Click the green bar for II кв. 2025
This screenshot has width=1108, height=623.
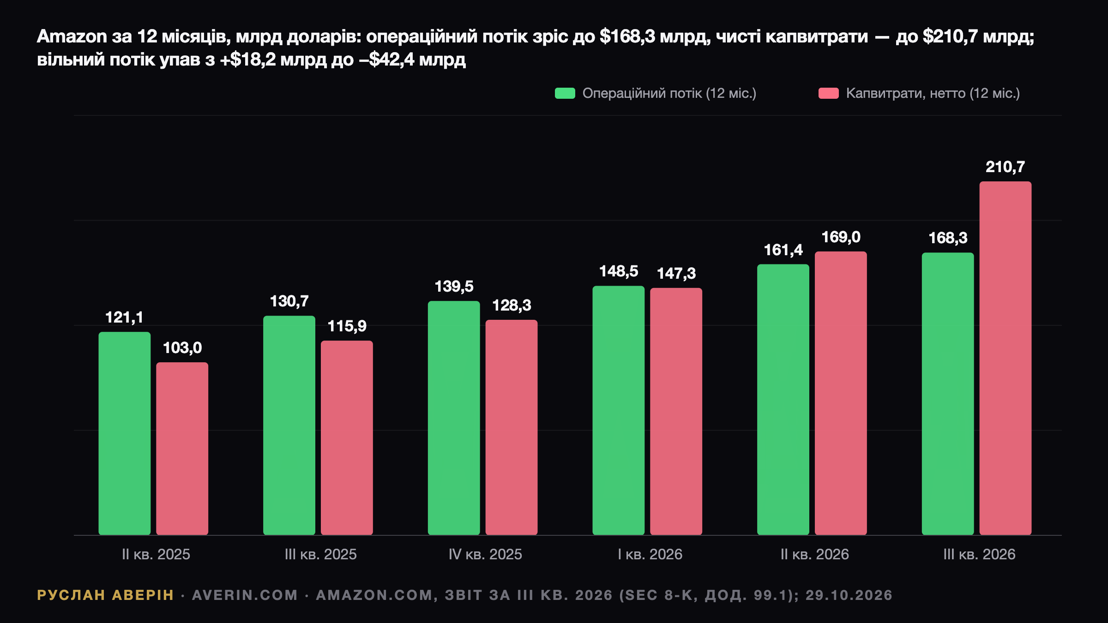tap(125, 433)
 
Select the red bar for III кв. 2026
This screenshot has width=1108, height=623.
tap(1006, 358)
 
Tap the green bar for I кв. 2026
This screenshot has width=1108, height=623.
tap(619, 410)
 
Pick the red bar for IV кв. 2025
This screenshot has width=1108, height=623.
tap(512, 427)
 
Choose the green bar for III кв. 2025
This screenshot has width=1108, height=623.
tap(289, 425)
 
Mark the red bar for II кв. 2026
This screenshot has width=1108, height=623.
tap(841, 393)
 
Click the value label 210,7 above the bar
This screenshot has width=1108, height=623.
tap(1006, 167)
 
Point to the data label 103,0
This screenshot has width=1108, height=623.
tap(182, 348)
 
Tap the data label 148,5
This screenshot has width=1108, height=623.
tap(619, 271)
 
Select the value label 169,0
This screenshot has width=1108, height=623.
tap(841, 237)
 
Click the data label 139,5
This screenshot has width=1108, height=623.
tap(454, 287)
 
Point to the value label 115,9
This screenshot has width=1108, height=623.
tap(347, 326)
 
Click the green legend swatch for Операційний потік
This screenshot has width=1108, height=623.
tap(565, 93)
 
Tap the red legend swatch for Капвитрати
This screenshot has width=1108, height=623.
tap(829, 93)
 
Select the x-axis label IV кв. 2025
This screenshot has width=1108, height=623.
tap(485, 554)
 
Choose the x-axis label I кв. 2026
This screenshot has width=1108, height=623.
tap(650, 554)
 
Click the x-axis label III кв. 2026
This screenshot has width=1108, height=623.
tap(979, 554)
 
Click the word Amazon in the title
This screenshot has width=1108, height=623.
tap(72, 36)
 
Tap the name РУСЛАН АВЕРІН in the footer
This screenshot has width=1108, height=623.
tap(105, 595)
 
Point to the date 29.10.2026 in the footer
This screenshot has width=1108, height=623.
tap(849, 595)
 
